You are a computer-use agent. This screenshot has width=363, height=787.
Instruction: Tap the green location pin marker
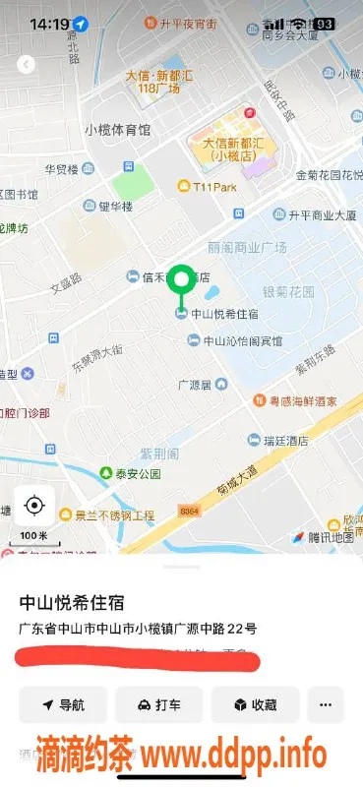click(x=180, y=280)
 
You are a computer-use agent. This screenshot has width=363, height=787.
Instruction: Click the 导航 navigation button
click(x=63, y=705)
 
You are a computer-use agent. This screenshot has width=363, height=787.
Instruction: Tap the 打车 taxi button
click(x=158, y=705)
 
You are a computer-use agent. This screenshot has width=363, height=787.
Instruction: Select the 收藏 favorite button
click(x=255, y=705)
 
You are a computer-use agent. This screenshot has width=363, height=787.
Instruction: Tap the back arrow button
click(x=27, y=64)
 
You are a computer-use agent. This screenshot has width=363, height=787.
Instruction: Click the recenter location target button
click(x=34, y=506)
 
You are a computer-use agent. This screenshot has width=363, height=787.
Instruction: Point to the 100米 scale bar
click(x=34, y=537)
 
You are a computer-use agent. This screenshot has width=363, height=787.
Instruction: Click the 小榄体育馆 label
click(x=118, y=130)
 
